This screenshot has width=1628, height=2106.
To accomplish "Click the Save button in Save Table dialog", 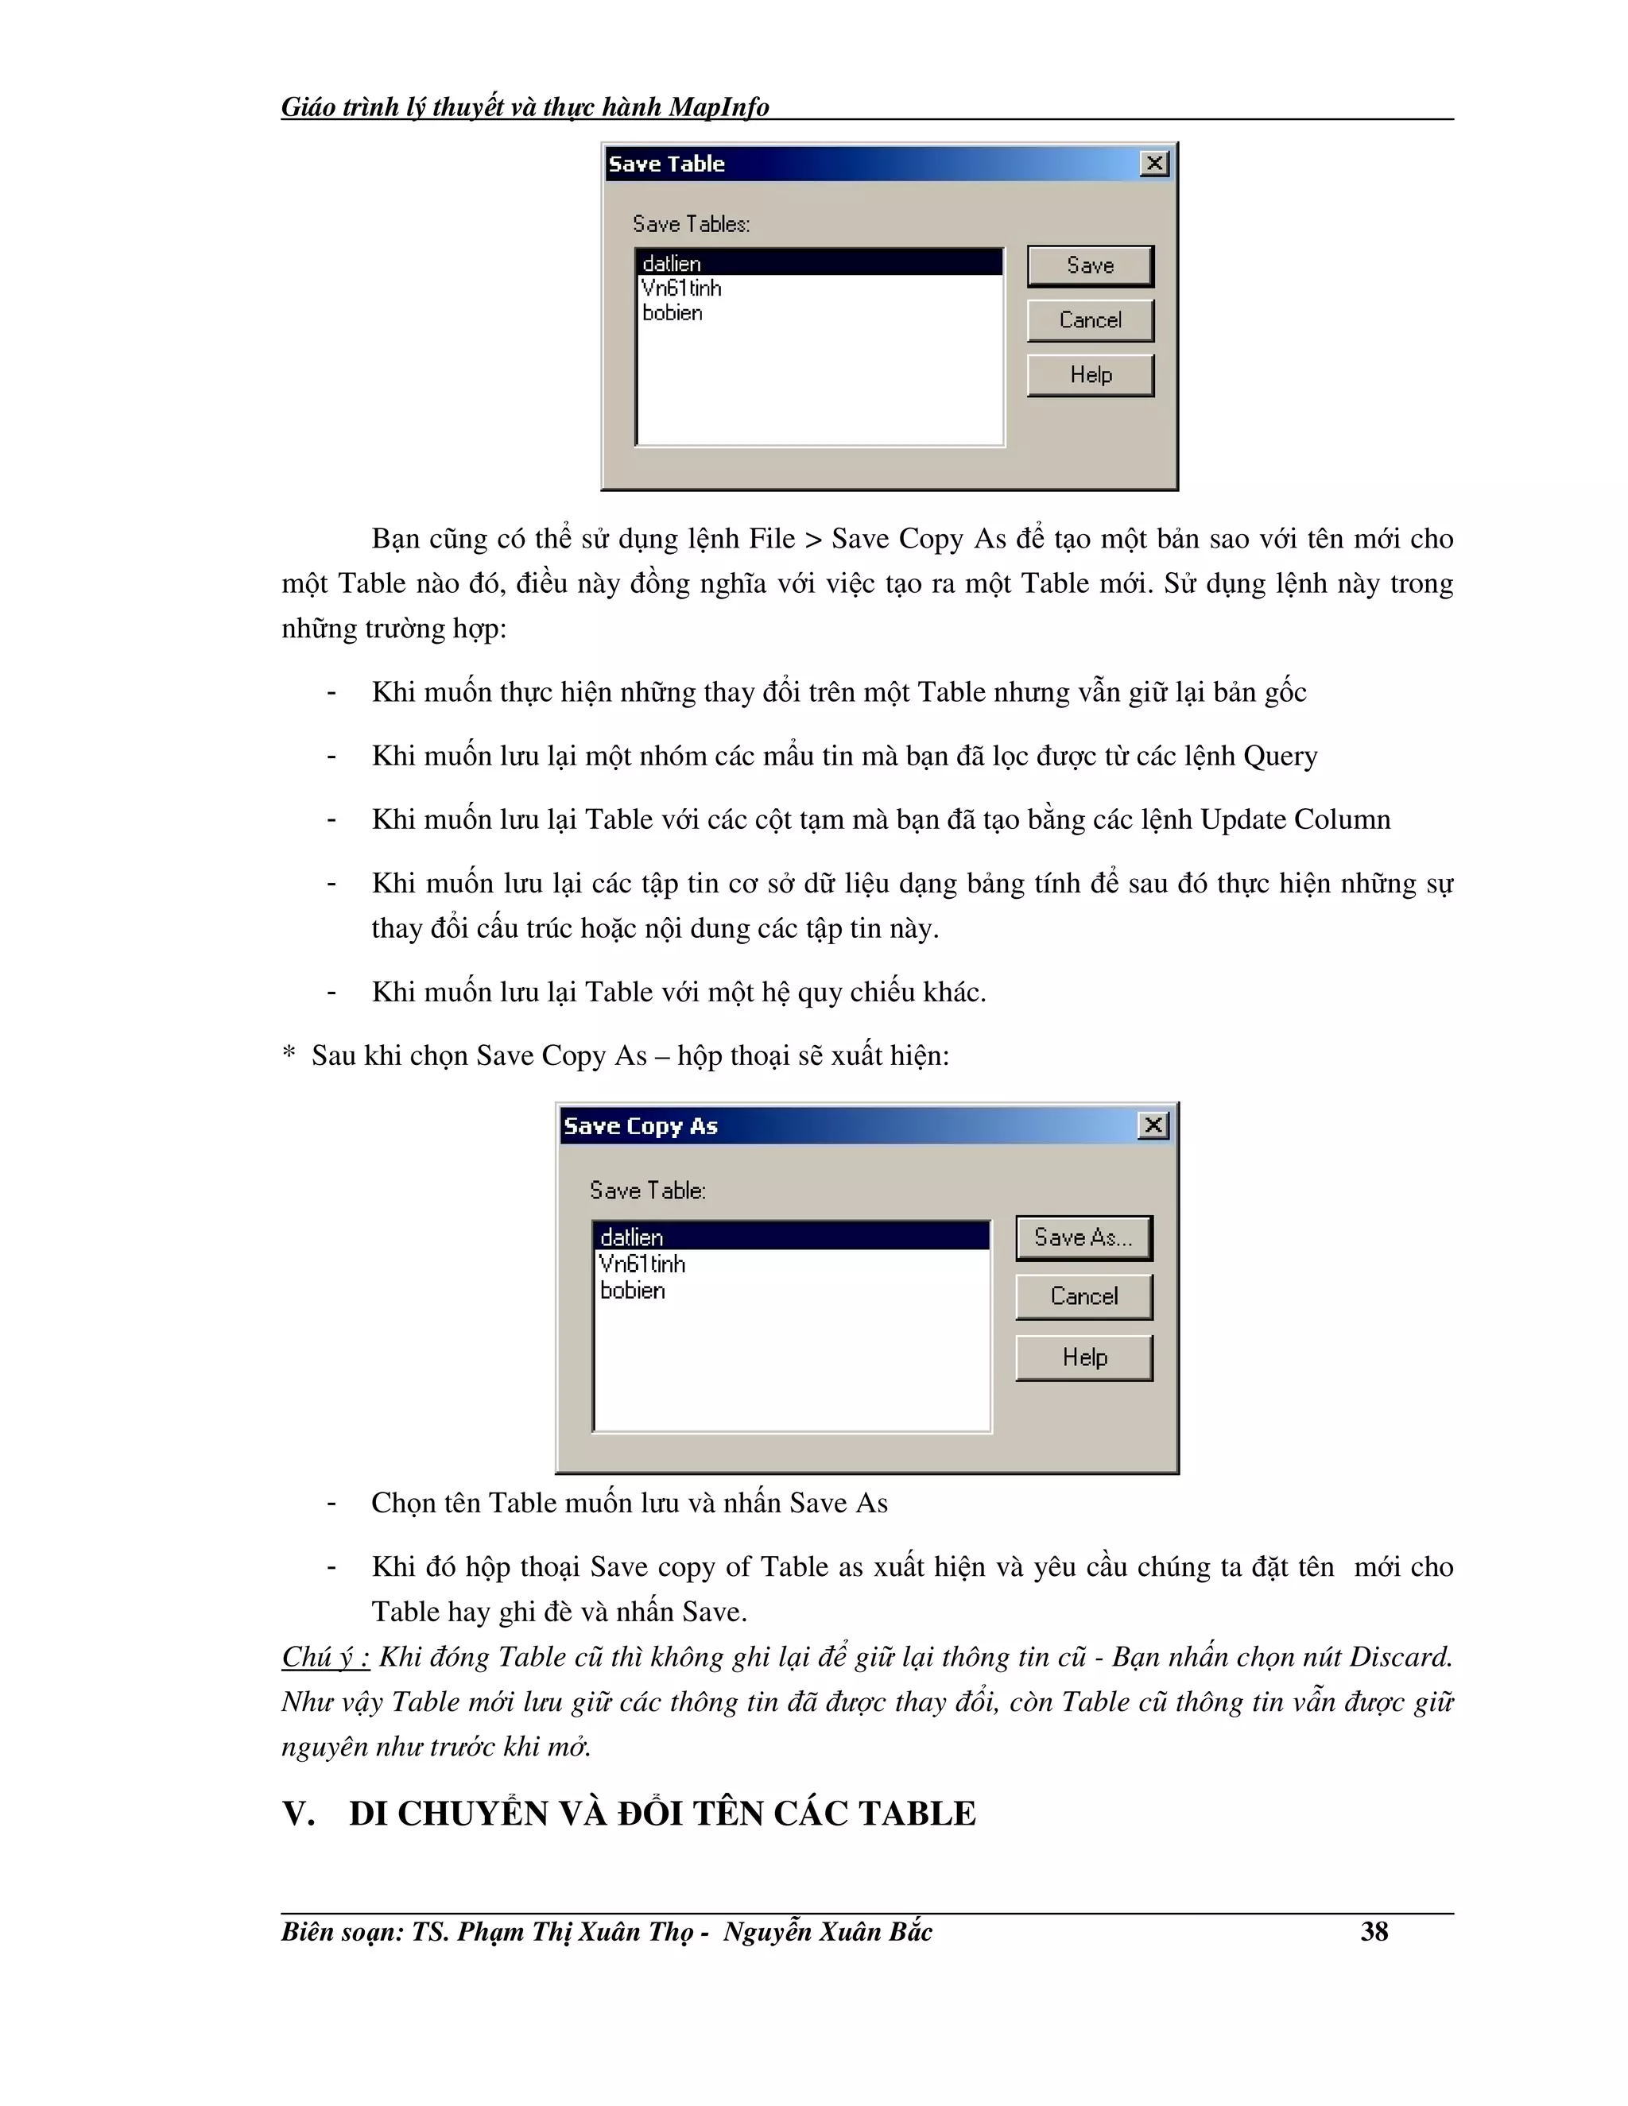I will [1090, 266].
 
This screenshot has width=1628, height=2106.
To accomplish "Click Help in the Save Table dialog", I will [1090, 375].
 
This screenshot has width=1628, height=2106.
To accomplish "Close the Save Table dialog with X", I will [1154, 163].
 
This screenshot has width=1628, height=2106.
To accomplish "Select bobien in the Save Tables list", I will [673, 313].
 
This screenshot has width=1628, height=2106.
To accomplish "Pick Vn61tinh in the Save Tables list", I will [681, 288].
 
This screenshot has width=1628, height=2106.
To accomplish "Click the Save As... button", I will [1083, 1237].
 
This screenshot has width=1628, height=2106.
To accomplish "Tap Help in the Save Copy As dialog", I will [1084, 1357].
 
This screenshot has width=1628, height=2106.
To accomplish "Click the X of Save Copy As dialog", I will [1153, 1125].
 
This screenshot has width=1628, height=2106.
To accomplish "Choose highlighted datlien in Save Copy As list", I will [632, 1237].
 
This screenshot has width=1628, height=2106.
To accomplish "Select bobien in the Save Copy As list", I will [633, 1290].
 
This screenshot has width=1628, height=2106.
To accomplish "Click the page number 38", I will [1374, 1931].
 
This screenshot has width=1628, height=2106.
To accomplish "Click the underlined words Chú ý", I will [324, 1657].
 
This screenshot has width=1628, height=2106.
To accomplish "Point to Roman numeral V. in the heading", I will [299, 1814].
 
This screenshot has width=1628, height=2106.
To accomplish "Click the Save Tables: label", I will [691, 224].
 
